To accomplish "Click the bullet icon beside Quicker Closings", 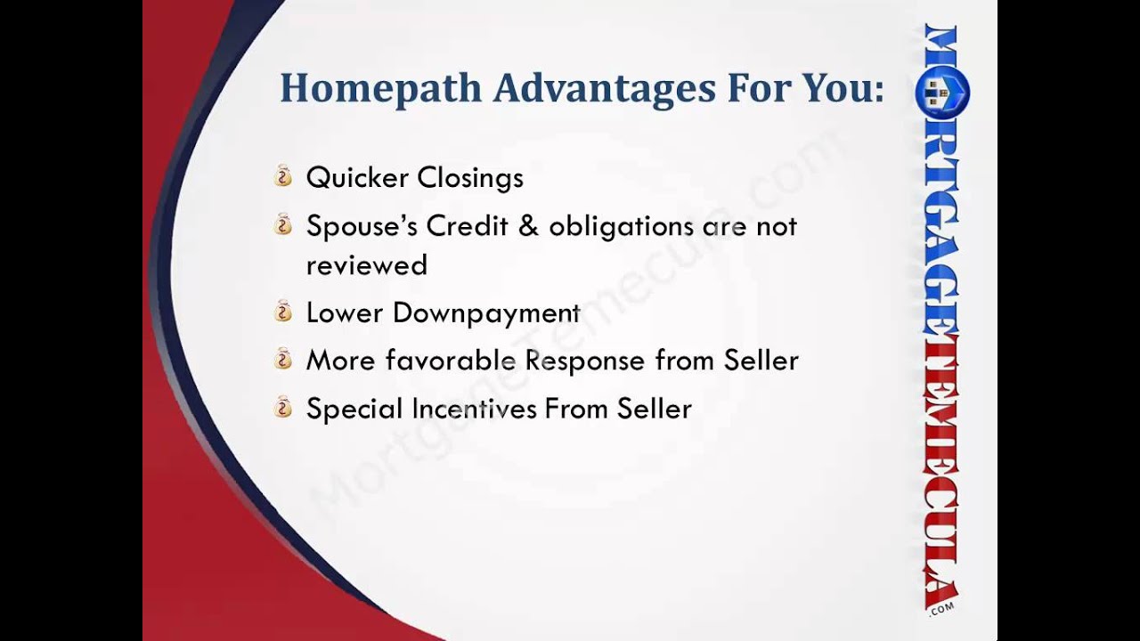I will (283, 176).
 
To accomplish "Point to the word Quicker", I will (356, 177).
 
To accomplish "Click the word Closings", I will (470, 177).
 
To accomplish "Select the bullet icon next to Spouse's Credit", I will (283, 225).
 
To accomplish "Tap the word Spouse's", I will (362, 226).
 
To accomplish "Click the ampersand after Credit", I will (528, 226).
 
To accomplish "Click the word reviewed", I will (366, 265).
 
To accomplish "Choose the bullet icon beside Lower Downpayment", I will (283, 312).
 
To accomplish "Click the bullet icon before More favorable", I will (283, 360).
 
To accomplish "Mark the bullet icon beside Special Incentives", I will (283, 408).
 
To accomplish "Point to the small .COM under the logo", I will (940, 607).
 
